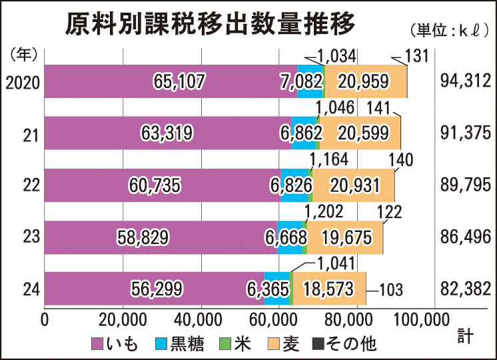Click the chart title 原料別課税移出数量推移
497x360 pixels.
pyautogui.click(x=210, y=25)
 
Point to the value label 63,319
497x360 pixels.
pyautogui.click(x=167, y=133)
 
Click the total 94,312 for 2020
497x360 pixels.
pyautogui.click(x=466, y=81)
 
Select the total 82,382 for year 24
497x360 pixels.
pyautogui.click(x=466, y=289)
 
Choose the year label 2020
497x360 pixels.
pyautogui.click(x=23, y=82)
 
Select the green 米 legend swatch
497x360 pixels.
pyautogui.click(x=223, y=343)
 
